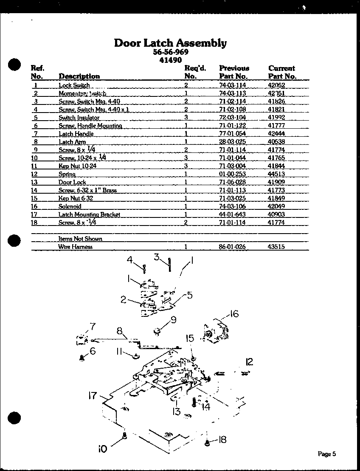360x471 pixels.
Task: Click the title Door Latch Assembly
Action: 170,43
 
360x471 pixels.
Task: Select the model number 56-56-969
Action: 170,52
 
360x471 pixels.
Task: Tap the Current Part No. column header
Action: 282,72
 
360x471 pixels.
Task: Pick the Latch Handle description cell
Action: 76,134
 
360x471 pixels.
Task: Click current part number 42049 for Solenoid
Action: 276,206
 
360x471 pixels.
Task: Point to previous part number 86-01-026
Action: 232,247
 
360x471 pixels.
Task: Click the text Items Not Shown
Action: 80,239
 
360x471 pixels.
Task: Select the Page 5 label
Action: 327,454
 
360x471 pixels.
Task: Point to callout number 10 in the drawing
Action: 103,448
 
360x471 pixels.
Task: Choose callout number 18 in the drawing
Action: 222,440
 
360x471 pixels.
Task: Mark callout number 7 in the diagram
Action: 92,327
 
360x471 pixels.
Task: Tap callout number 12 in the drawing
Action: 249,361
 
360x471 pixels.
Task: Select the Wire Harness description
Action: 75,247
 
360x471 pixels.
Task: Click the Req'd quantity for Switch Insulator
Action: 186,118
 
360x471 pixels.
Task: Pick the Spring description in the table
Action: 67,174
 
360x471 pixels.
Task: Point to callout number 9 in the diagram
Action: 173,320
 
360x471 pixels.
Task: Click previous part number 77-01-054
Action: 232,134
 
